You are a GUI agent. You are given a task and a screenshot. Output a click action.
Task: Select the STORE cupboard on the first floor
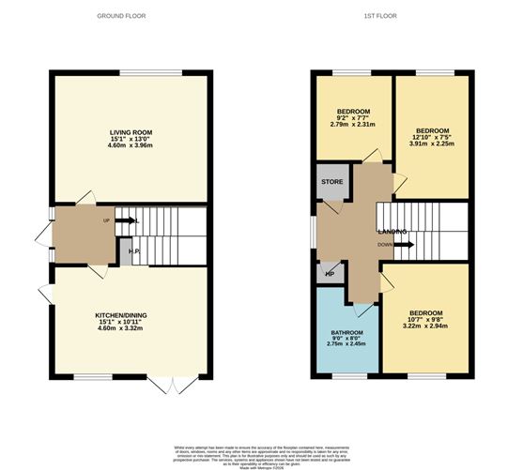[x=331, y=182]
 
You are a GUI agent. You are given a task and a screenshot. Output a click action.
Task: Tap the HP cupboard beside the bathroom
[x=330, y=274]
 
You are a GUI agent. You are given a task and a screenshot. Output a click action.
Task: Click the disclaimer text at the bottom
[x=262, y=454]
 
